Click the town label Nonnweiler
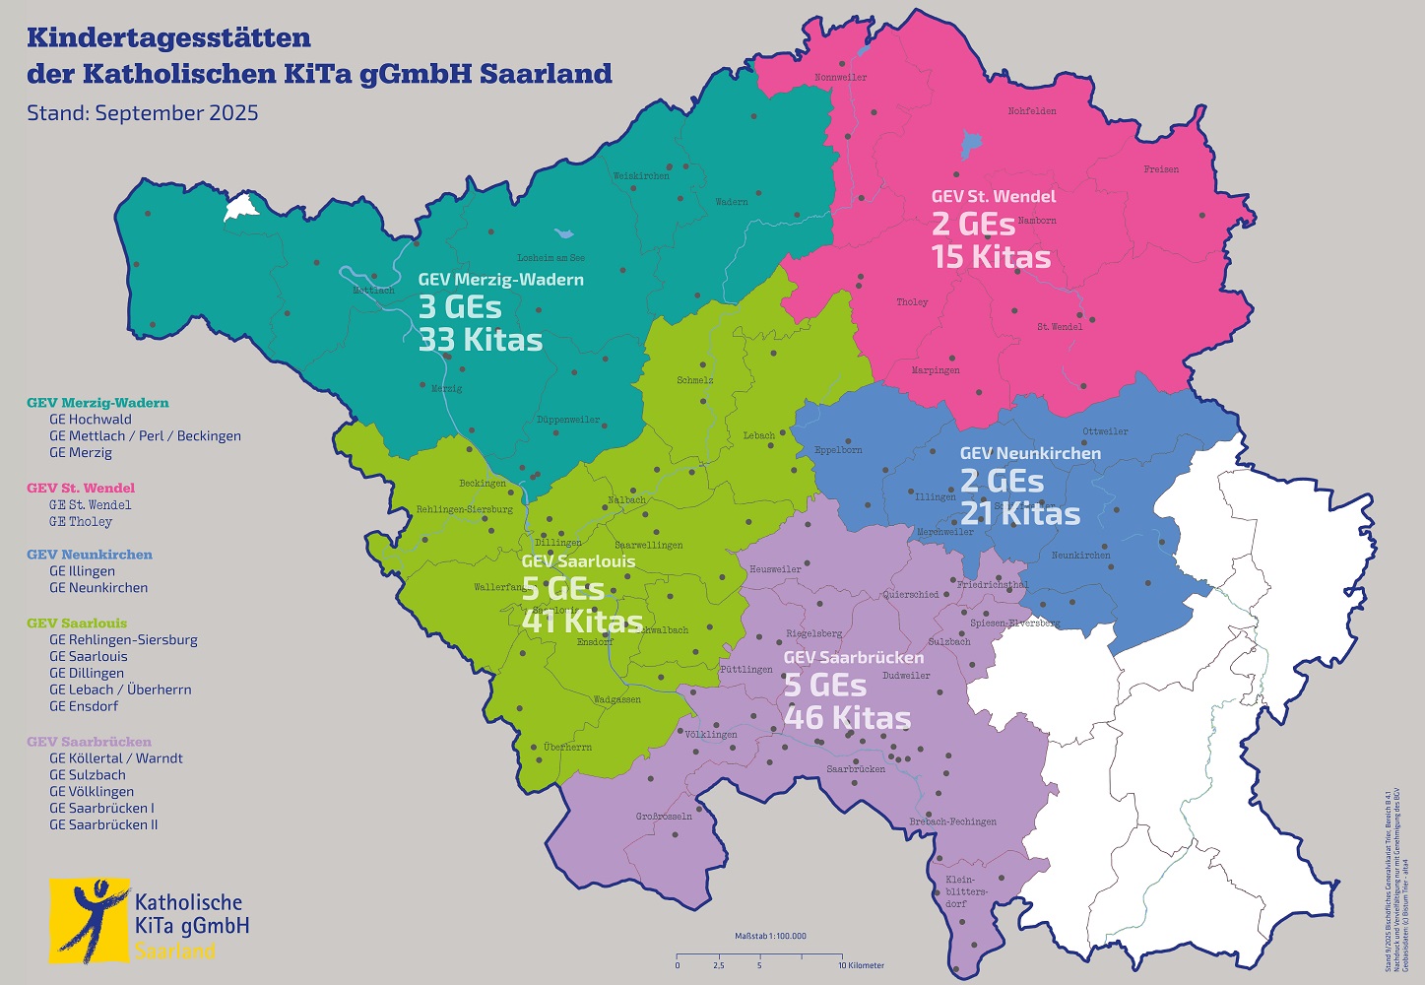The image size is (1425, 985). (841, 78)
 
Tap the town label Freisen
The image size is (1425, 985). (1161, 169)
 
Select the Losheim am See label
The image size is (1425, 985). (551, 258)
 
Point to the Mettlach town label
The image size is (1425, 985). (373, 291)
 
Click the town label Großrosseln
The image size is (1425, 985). (664, 817)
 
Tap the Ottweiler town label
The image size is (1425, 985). (1105, 431)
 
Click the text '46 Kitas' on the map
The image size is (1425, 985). (847, 718)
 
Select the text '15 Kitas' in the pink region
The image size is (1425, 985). (991, 258)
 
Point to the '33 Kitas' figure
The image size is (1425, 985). (481, 341)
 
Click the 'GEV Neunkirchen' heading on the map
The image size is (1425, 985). (1030, 454)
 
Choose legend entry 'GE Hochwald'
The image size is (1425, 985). (91, 420)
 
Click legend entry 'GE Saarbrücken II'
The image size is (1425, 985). (103, 825)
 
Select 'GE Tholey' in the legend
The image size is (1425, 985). (81, 522)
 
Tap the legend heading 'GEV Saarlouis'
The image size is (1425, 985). (77, 624)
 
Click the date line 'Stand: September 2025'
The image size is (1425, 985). (143, 113)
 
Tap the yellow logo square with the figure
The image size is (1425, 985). (90, 921)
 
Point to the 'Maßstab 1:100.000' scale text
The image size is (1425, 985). (770, 936)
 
